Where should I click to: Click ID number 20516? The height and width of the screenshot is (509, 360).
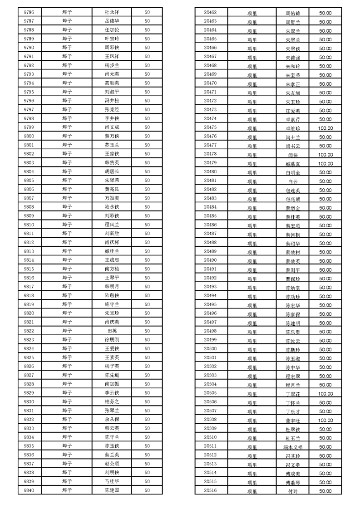point(211,490)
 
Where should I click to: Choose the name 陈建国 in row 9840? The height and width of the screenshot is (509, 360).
point(112,490)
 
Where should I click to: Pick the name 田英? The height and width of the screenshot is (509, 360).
point(112,331)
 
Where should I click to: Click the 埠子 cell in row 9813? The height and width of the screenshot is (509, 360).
point(67,251)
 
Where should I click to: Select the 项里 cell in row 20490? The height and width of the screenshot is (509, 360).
point(252,261)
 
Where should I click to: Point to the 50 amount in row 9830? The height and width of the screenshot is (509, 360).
point(147,402)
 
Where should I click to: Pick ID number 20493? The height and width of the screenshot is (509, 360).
point(211,287)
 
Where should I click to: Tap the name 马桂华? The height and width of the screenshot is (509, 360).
point(112,481)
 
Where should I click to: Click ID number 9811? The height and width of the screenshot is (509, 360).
point(29,234)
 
